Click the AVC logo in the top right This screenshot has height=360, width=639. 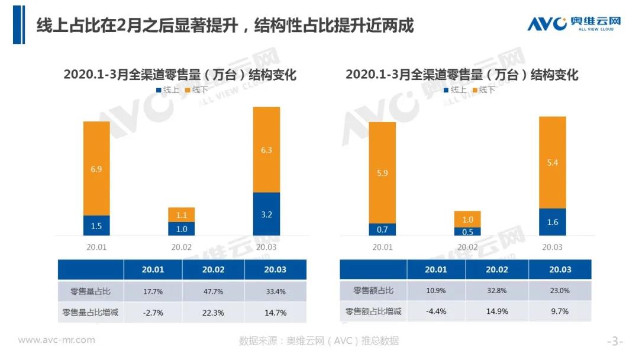[574, 24]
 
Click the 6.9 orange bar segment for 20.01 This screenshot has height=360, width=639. [96, 169]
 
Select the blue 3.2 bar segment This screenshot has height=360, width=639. [266, 214]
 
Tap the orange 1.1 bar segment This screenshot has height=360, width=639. [181, 214]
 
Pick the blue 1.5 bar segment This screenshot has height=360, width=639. [96, 226]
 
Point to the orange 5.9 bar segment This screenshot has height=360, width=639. [382, 173]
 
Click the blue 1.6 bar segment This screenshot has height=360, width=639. [553, 222]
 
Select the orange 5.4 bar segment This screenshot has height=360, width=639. [553, 162]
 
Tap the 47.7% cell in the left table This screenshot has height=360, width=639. [212, 291]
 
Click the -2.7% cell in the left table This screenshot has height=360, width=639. [153, 312]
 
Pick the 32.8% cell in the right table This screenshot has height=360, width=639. [496, 291]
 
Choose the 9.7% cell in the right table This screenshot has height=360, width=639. [560, 311]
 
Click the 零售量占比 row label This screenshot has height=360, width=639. [91, 291]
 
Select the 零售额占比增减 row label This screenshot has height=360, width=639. [373, 311]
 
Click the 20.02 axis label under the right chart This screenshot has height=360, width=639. [467, 246]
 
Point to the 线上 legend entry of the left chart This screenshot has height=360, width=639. [167, 90]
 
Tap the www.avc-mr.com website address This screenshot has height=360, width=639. [56, 340]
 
